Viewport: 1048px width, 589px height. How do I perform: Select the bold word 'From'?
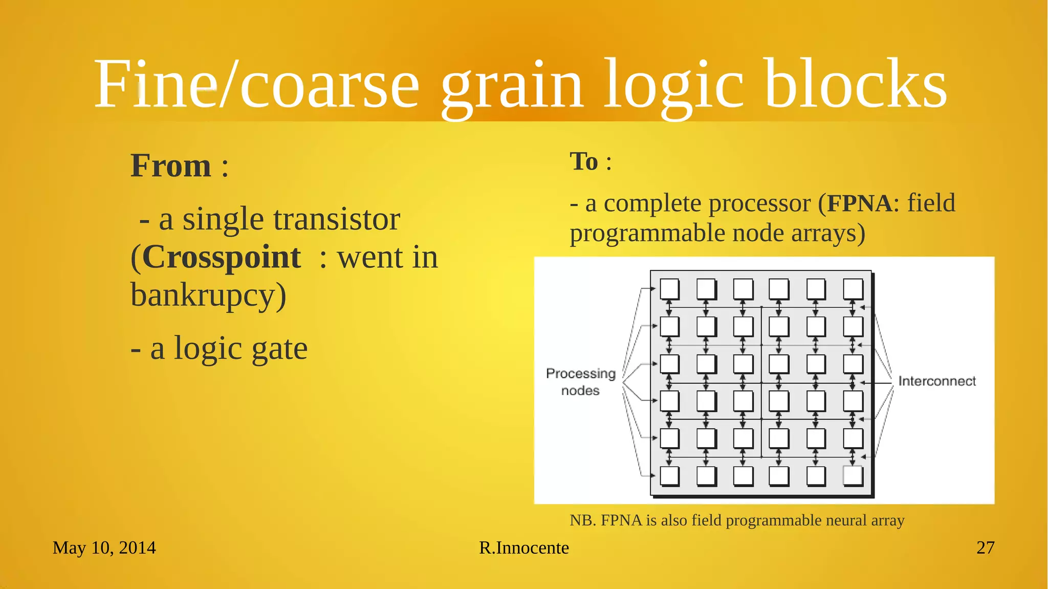pos(170,166)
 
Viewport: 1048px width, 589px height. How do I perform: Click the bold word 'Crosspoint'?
pos(221,257)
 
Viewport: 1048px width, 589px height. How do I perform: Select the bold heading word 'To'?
pos(584,162)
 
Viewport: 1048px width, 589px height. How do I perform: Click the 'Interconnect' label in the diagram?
pos(937,382)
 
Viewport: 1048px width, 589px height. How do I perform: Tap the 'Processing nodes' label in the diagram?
pos(580,382)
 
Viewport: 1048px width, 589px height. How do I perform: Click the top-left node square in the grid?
pos(669,289)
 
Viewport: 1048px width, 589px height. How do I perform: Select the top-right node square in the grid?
pos(853,289)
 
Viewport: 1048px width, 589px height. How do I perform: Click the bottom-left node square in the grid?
pos(669,475)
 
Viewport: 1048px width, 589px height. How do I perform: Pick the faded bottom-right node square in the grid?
pos(853,475)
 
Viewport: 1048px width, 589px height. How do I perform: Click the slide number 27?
pos(985,548)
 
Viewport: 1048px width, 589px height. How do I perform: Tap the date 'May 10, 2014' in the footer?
pos(104,548)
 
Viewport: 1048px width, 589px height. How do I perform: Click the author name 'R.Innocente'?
pos(524,548)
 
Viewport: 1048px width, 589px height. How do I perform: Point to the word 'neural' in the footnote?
pos(846,520)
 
